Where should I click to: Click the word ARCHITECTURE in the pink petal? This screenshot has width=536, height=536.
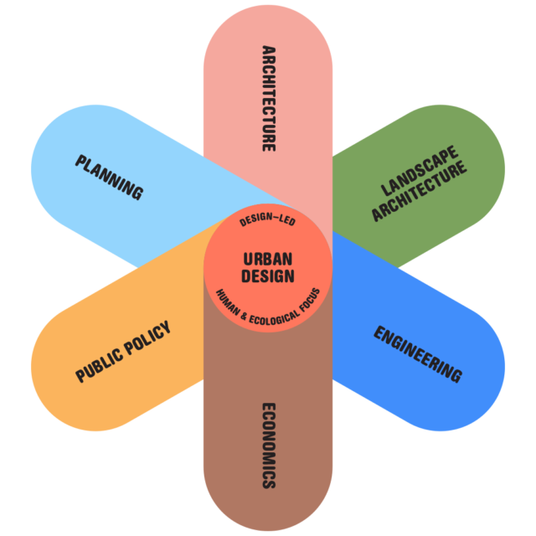click(x=268, y=98)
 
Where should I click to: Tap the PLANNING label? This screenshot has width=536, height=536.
click(x=109, y=177)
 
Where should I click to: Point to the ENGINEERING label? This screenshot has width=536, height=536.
click(x=417, y=354)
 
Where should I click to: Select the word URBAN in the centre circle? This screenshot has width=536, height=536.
click(x=268, y=260)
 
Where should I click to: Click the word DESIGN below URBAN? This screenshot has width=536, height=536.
click(x=268, y=276)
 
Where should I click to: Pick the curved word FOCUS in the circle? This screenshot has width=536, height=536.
click(x=310, y=297)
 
